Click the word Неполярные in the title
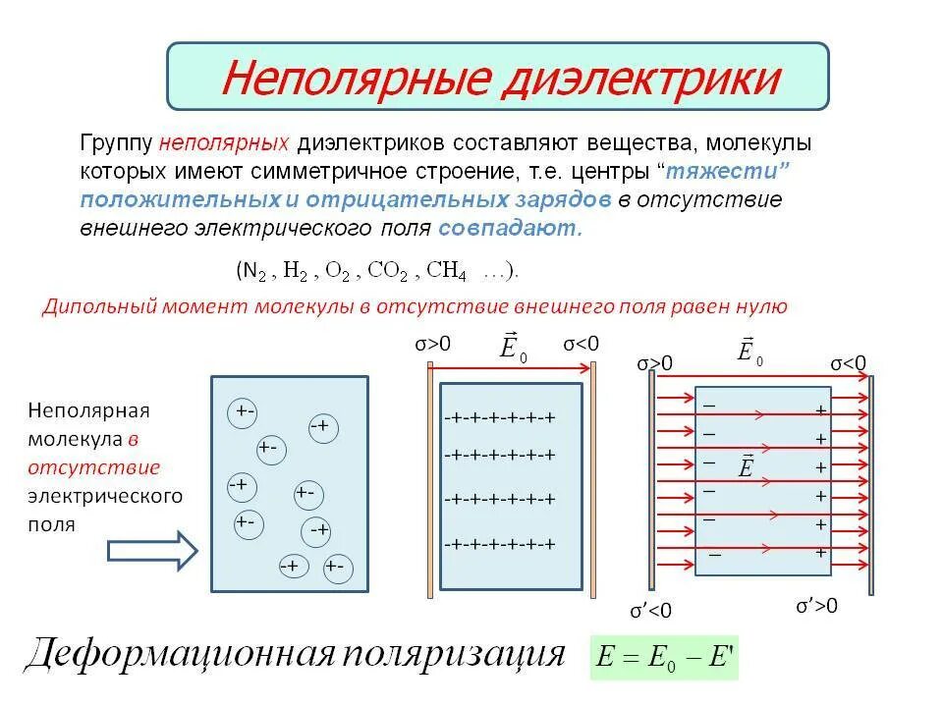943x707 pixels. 353,78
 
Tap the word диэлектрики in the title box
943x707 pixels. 639,78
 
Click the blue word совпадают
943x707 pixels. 510,229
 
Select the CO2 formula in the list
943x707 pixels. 390,270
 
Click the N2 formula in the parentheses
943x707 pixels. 253,270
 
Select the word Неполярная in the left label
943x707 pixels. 88,409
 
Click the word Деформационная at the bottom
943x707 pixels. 177,654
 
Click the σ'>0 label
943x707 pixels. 816,606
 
